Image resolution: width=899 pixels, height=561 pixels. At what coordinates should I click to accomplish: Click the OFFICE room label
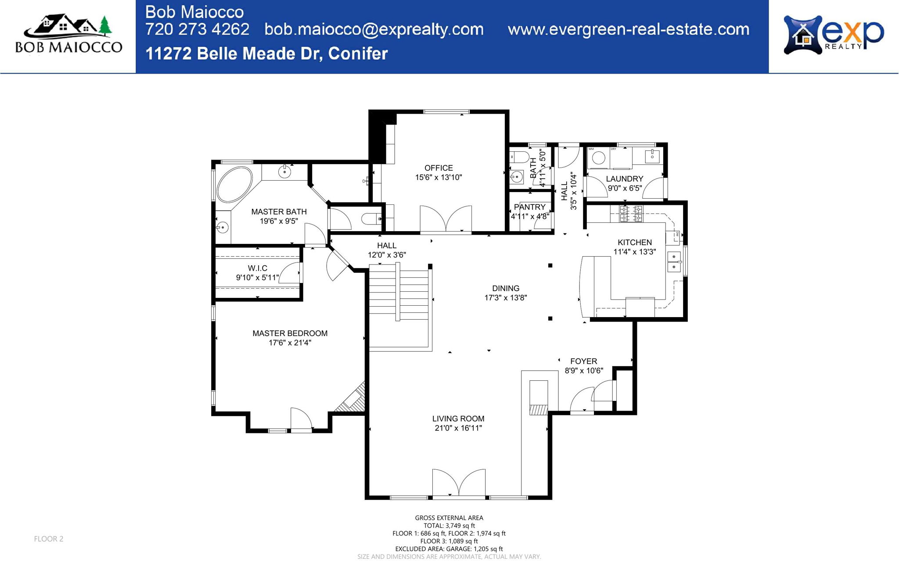tap(439, 168)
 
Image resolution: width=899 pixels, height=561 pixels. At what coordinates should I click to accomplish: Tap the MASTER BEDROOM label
tap(290, 333)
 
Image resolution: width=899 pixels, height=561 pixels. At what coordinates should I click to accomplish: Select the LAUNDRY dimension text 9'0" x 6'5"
tap(625, 188)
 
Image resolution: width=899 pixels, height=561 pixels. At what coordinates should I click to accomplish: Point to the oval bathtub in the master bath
tap(234, 184)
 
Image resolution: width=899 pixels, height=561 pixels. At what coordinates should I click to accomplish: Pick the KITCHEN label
tap(634, 243)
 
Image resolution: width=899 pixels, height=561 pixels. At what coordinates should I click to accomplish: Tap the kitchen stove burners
tap(631, 214)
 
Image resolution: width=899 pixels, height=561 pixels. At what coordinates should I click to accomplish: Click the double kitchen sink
tap(674, 262)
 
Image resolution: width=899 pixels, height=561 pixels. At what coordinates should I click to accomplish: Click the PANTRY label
tap(529, 207)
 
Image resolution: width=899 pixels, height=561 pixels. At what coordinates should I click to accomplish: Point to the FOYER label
tap(583, 361)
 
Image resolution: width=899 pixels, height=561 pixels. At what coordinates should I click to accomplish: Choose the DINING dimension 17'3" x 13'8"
tap(505, 298)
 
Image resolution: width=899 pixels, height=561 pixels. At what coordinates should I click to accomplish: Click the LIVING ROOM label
tap(458, 419)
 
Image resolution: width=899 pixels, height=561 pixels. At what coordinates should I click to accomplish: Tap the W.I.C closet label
tap(257, 268)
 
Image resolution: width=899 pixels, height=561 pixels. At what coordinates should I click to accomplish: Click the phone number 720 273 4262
tap(197, 29)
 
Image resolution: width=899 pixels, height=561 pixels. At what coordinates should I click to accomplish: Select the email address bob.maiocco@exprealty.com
tap(374, 29)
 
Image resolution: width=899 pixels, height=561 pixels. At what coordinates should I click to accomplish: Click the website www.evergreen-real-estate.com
tap(628, 29)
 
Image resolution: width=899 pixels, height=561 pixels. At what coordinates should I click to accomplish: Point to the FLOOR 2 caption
tap(49, 539)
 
